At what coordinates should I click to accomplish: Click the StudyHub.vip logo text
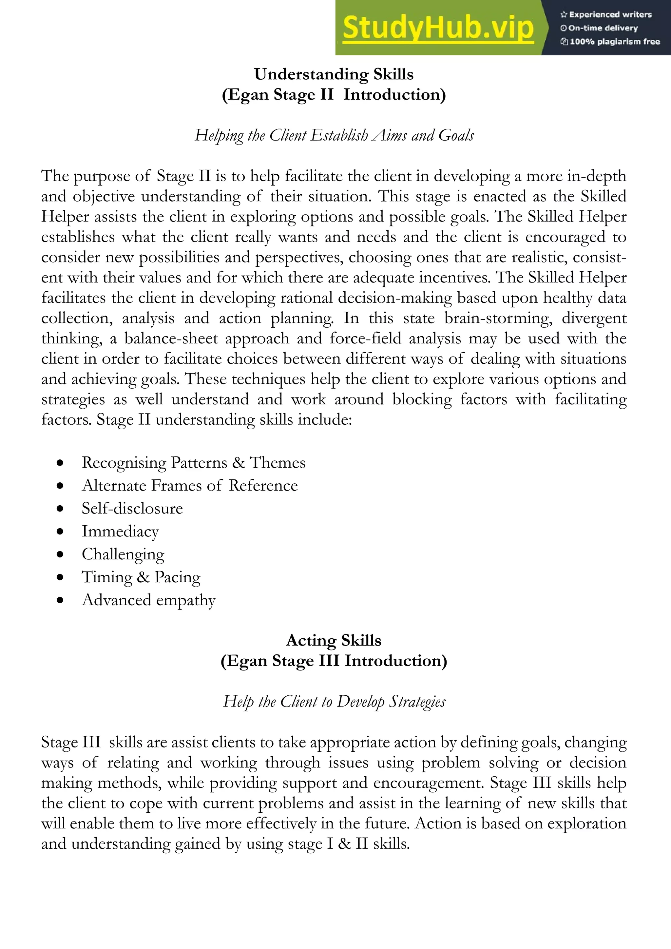click(x=438, y=28)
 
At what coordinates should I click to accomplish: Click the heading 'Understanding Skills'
click(x=334, y=74)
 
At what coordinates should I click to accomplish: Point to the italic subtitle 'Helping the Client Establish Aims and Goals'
click(x=334, y=135)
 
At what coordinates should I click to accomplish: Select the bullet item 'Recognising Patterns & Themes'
click(x=193, y=462)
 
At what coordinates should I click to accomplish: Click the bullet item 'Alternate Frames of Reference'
click(x=190, y=485)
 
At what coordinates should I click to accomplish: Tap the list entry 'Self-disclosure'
click(x=132, y=508)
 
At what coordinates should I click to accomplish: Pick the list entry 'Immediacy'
click(x=120, y=532)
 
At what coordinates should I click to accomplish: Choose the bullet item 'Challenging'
click(x=123, y=554)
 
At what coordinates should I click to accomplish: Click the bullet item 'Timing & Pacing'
click(x=141, y=577)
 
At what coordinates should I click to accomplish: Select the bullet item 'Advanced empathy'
click(x=149, y=600)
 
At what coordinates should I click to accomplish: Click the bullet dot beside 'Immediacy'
click(x=60, y=532)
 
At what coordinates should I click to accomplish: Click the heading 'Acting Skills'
click(x=334, y=640)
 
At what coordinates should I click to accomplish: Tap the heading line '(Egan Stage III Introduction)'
click(x=334, y=661)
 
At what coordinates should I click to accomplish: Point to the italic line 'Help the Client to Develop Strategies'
click(x=334, y=701)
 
